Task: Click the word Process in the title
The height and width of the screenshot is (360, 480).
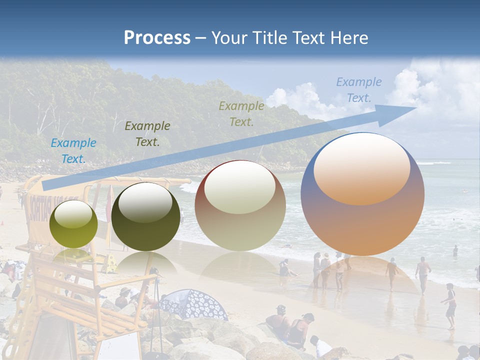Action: click(x=157, y=38)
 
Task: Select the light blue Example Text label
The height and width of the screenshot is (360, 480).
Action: click(x=73, y=150)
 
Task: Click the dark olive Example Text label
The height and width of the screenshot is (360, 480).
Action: click(x=147, y=133)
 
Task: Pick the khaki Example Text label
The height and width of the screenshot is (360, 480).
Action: click(x=241, y=113)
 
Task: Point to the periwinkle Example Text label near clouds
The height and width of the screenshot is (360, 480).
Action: click(x=359, y=90)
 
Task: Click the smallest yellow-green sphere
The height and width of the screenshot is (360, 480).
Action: click(x=73, y=224)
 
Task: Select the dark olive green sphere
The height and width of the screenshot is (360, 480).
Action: click(x=145, y=217)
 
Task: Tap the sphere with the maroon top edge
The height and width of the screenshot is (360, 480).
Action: click(x=240, y=206)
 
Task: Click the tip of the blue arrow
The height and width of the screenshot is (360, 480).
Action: click(x=415, y=107)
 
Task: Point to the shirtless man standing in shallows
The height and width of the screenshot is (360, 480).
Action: click(x=423, y=272)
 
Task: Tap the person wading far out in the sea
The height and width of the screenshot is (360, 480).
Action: click(x=455, y=250)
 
